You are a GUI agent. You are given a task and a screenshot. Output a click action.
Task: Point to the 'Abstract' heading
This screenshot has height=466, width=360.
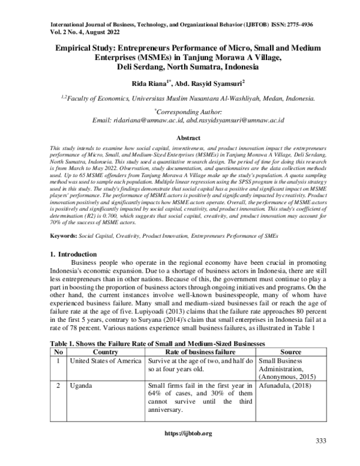(179, 138)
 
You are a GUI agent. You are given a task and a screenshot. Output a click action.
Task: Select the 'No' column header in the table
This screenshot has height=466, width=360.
(59, 351)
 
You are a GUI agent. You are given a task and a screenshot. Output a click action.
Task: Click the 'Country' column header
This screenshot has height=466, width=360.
(106, 351)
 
